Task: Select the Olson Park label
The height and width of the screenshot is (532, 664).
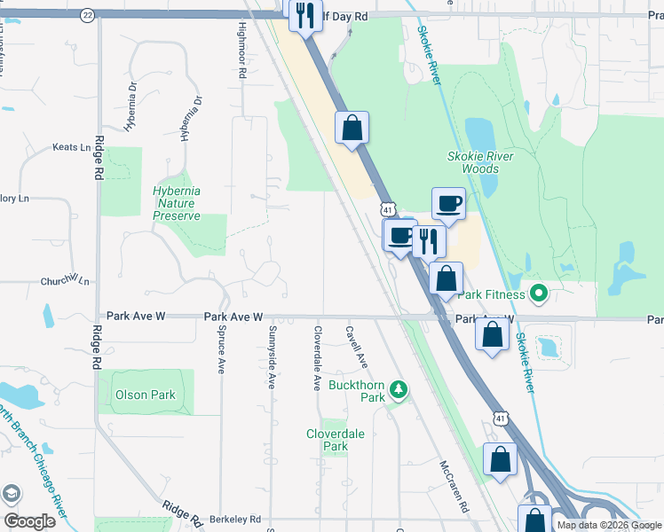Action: click(145, 395)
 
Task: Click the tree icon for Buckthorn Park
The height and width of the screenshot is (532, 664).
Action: click(400, 389)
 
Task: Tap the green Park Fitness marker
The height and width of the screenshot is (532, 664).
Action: click(537, 293)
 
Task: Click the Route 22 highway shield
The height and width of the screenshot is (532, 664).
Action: click(87, 15)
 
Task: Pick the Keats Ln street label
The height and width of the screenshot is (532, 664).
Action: click(72, 147)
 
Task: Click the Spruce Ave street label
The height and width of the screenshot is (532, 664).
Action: click(221, 348)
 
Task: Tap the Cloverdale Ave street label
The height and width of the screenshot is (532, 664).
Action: click(316, 359)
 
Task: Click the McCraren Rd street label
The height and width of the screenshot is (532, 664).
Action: click(453, 486)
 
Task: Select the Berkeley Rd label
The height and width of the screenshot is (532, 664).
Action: click(235, 519)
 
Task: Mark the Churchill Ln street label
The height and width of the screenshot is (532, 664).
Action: click(65, 280)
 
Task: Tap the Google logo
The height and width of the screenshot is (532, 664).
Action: click(29, 521)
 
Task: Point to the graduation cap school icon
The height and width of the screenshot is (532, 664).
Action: click(12, 493)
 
